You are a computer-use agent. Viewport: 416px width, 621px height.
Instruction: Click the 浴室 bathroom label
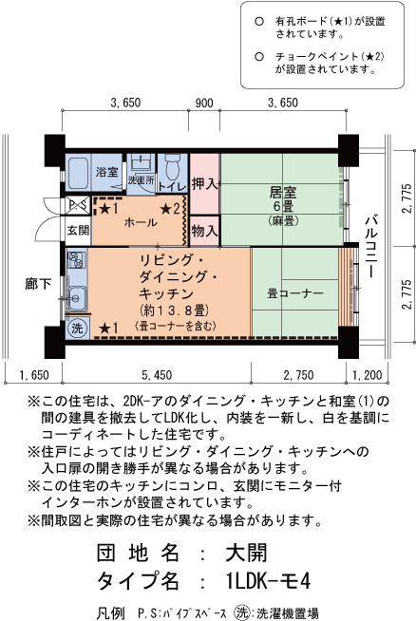(x=106, y=172)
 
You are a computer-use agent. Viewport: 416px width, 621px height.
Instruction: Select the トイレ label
(x=172, y=186)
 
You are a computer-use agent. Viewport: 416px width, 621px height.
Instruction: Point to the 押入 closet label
(x=204, y=184)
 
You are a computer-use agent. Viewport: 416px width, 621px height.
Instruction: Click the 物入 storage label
(x=204, y=231)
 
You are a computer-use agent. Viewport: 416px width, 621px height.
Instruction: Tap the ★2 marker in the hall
(x=170, y=209)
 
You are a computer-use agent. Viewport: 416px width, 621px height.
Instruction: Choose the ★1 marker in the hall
(x=108, y=209)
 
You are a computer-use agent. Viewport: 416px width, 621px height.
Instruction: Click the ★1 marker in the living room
(x=108, y=328)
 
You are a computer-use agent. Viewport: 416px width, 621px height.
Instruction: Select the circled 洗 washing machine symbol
(x=77, y=328)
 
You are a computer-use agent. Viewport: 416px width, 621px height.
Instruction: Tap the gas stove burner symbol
(x=76, y=260)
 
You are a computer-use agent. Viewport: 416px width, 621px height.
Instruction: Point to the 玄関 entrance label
(x=78, y=230)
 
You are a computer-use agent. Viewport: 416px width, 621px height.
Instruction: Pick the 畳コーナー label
(x=295, y=293)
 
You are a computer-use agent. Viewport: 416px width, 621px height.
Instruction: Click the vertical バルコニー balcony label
(x=370, y=246)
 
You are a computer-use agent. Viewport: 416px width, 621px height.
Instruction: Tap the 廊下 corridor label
(x=38, y=284)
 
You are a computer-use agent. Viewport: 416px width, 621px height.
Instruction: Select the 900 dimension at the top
(x=204, y=103)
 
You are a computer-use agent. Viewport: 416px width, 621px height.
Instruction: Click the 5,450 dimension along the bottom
(x=157, y=375)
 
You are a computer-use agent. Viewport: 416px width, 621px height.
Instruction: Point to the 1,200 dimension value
(x=368, y=375)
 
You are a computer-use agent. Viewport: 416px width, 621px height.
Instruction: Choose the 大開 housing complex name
(x=246, y=553)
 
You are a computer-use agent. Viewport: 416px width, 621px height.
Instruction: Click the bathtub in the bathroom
(x=78, y=174)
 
